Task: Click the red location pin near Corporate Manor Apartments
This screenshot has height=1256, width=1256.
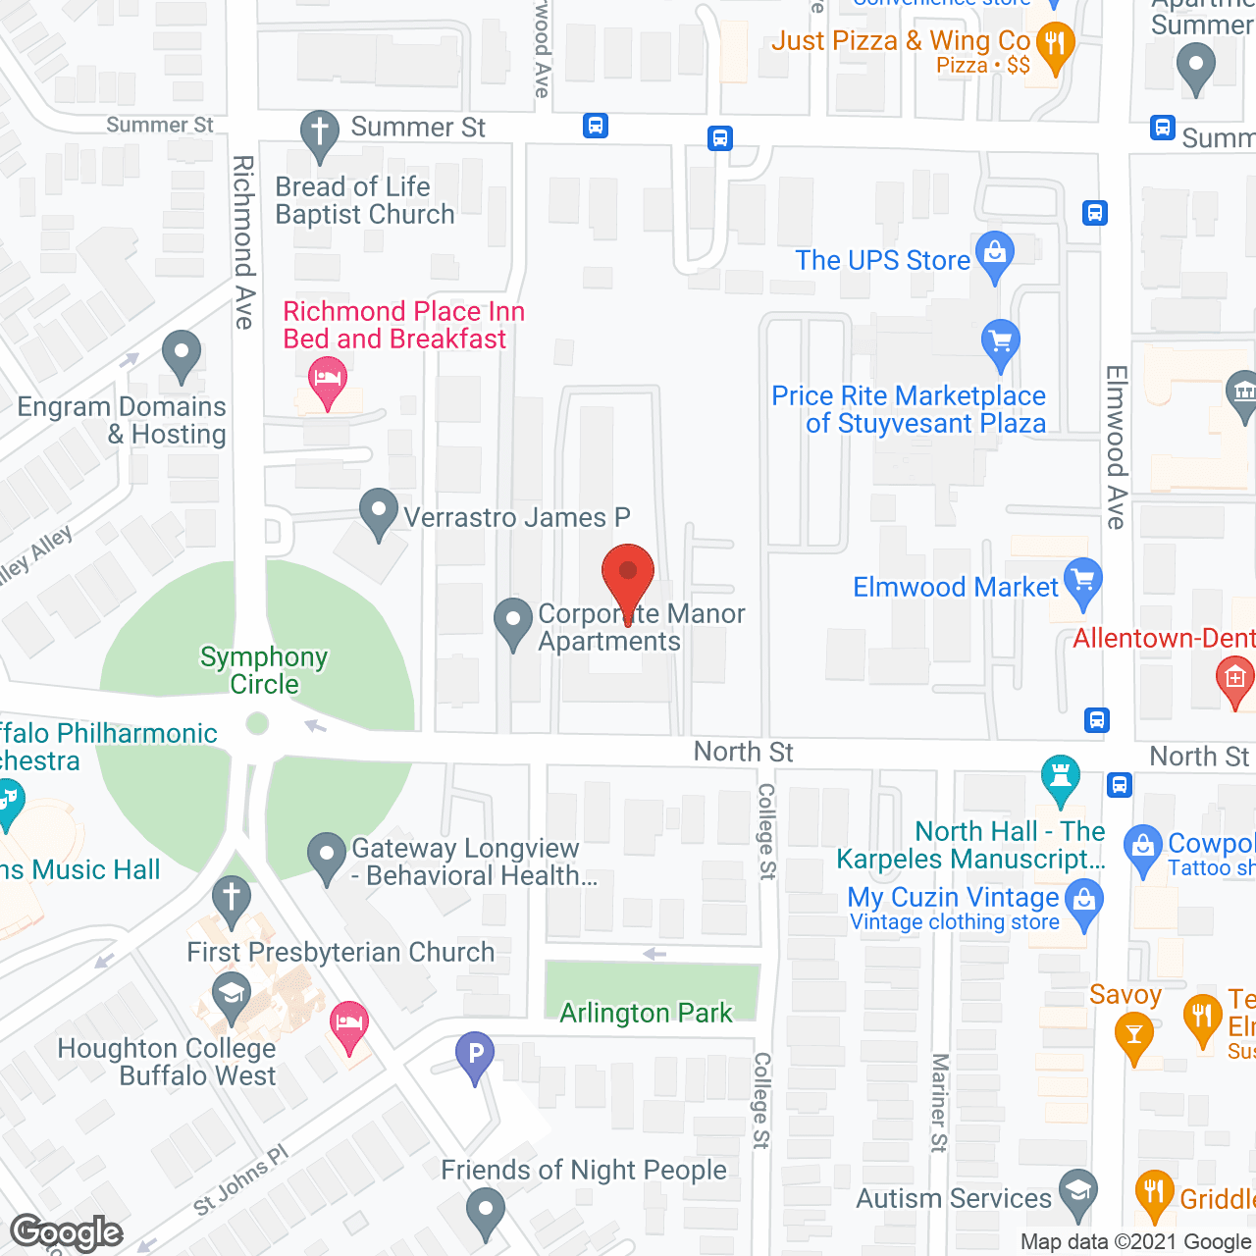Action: click(627, 573)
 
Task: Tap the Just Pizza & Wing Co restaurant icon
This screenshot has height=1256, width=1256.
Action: click(1055, 45)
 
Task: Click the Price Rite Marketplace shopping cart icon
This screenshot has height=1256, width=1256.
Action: click(1000, 341)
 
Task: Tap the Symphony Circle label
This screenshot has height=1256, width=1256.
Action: click(264, 670)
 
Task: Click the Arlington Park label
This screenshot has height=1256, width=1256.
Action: click(646, 1013)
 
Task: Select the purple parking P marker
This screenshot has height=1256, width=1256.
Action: click(475, 1055)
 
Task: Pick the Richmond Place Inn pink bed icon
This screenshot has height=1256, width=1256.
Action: click(327, 378)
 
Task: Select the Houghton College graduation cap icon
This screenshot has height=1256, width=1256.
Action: click(232, 993)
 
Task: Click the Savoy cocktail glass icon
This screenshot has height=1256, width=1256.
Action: click(1133, 1034)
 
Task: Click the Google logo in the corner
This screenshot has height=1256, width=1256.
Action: click(67, 1232)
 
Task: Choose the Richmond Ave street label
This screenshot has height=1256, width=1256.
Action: click(243, 241)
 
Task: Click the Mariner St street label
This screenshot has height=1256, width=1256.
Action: click(939, 1102)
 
